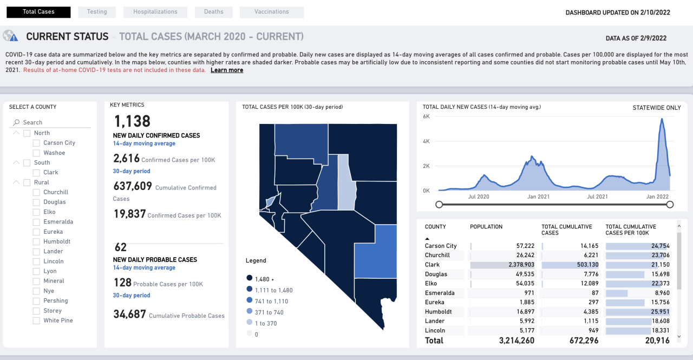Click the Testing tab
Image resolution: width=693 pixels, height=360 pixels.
click(96, 12)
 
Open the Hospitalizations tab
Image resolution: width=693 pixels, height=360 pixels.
click(155, 12)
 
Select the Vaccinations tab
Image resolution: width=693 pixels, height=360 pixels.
click(271, 12)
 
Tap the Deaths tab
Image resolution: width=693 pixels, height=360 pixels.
click(214, 12)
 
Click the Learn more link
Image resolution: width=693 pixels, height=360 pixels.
click(227, 70)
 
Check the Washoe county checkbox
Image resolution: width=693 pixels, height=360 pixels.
click(36, 153)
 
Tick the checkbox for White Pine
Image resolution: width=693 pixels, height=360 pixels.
click(36, 321)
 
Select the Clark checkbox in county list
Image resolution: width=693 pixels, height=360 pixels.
click(36, 173)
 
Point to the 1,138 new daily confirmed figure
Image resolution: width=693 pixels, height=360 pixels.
click(132, 121)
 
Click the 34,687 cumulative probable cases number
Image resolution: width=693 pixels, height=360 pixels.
click(129, 314)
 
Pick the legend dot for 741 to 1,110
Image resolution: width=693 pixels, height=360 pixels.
click(249, 300)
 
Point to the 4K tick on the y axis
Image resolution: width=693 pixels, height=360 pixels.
click(426, 141)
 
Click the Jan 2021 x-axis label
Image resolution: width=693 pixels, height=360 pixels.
click(538, 197)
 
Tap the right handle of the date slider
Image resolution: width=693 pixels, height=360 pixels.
click(670, 205)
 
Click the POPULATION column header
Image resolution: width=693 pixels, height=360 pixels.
click(486, 227)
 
